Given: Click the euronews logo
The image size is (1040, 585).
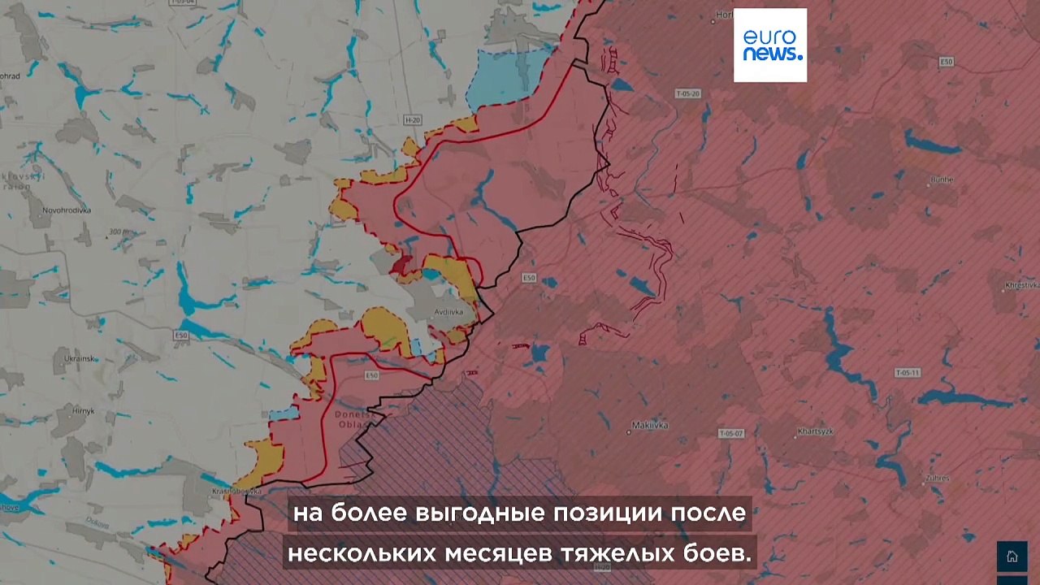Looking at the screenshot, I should pyautogui.click(x=770, y=45).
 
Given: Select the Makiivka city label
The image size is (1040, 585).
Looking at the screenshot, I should pyautogui.click(x=650, y=425).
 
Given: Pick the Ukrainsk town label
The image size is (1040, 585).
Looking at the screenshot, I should pyautogui.click(x=81, y=358).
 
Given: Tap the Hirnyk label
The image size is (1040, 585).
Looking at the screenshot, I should pyautogui.click(x=82, y=411).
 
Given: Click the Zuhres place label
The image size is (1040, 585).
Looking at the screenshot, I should pyautogui.click(x=937, y=478).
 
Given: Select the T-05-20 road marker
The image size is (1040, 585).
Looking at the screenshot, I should pyautogui.click(x=687, y=94).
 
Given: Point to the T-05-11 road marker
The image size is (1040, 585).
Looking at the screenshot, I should pyautogui.click(x=908, y=373).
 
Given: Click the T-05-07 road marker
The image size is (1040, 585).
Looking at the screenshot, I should pyautogui.click(x=731, y=434).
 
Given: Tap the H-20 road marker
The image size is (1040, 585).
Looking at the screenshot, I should pyautogui.click(x=413, y=120).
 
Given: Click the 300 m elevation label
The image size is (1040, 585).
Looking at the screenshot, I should pyautogui.click(x=119, y=232).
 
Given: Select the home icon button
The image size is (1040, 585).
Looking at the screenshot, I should pyautogui.click(x=1012, y=557).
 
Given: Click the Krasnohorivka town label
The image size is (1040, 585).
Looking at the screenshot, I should pyautogui.click(x=235, y=491).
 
